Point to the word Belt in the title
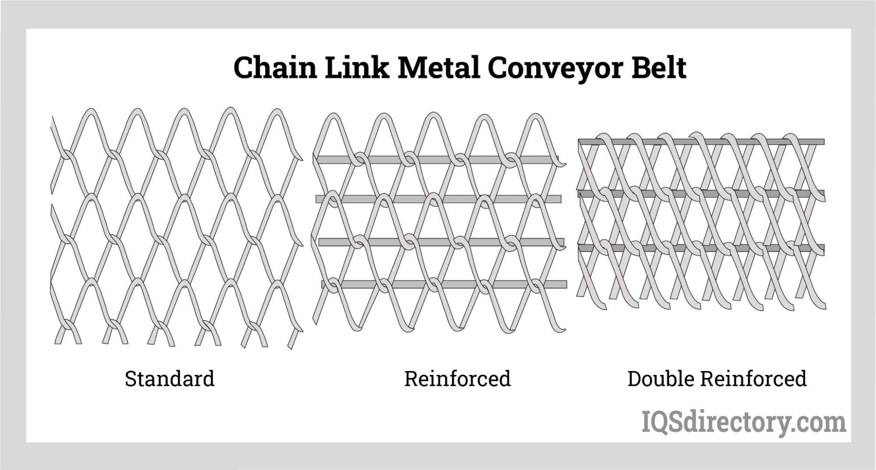tap(658, 68)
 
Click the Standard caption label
tap(170, 379)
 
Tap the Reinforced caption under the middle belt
tap(457, 379)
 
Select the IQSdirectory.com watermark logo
tap(744, 422)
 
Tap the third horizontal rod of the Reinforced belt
tap(438, 242)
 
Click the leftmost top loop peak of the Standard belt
tap(90, 111)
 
